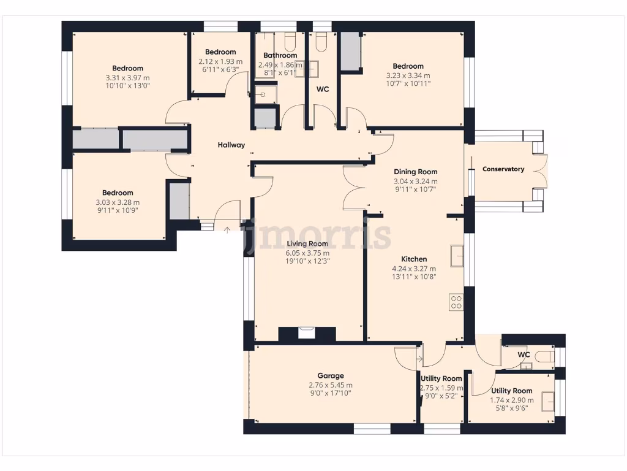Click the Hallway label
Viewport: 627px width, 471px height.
click(x=231, y=145)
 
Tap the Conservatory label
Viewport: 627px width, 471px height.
click(x=503, y=169)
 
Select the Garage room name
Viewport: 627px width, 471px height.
click(x=330, y=376)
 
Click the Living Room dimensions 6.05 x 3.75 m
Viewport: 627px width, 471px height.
click(x=308, y=253)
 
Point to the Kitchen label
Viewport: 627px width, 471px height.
click(x=414, y=259)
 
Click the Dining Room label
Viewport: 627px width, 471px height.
click(x=415, y=172)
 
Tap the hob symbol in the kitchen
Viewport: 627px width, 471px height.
click(x=456, y=302)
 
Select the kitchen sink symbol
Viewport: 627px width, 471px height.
click(x=457, y=256)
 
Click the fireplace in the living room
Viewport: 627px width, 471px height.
click(x=306, y=334)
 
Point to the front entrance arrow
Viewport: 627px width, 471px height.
click(x=228, y=231)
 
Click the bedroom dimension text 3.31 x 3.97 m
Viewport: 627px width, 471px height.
click(x=127, y=78)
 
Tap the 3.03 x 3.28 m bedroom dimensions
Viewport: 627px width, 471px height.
click(x=118, y=203)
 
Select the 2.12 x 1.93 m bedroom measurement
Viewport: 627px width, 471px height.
click(x=220, y=62)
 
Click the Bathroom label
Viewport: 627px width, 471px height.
click(x=280, y=56)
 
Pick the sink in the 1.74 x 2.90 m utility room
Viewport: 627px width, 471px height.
click(x=547, y=400)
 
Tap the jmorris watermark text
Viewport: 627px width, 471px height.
click(x=317, y=234)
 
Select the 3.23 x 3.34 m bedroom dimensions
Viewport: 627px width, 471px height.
click(x=408, y=76)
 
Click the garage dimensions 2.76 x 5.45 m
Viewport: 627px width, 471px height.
click(x=331, y=385)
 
